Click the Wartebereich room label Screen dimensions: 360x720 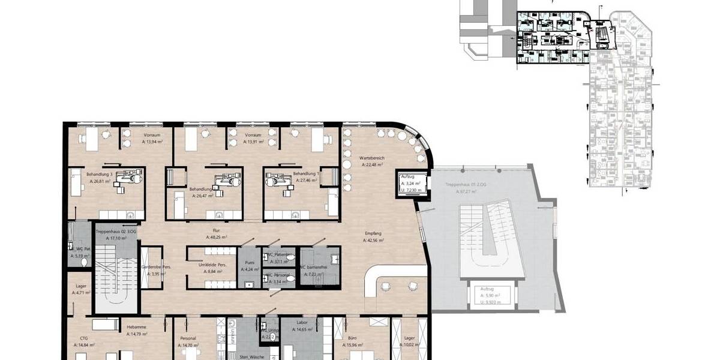373,158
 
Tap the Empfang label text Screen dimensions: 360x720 373,233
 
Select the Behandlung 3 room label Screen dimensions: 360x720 100,174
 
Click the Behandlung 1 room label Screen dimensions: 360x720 305,174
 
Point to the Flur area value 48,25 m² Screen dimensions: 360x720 217,238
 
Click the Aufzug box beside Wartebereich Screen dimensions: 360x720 411,183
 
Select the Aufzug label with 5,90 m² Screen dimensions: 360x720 491,295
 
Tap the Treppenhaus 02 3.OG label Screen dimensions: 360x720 116,231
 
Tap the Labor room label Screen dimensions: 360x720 302,323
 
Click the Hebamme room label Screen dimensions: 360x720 133,328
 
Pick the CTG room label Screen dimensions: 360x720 83,338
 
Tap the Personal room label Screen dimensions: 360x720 188,338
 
